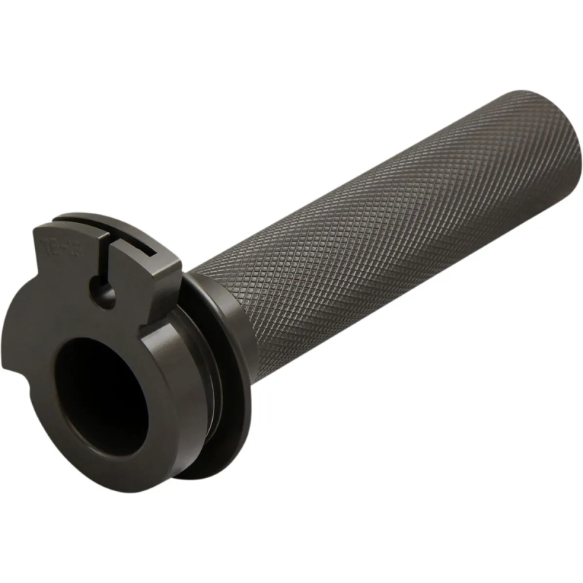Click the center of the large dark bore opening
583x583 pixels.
click(x=102, y=393)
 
